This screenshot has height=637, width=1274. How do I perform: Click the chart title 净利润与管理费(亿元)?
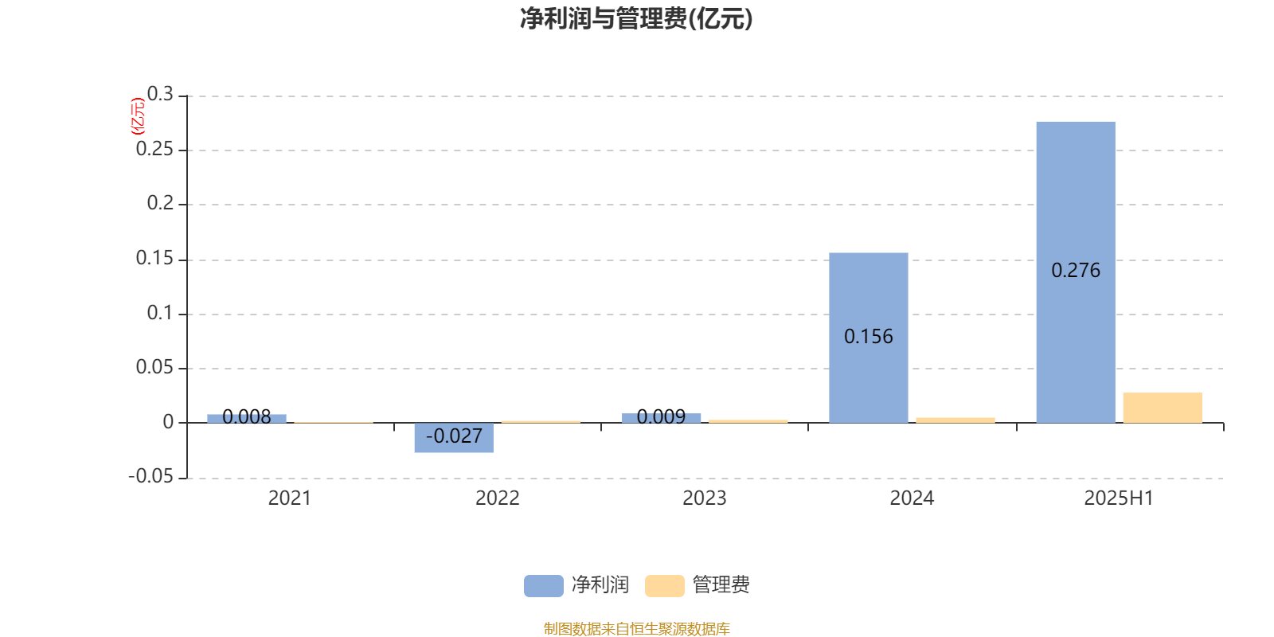tap(636, 19)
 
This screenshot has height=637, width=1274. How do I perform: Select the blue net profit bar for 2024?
tap(869, 338)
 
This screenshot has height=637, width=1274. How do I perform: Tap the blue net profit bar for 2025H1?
tap(1076, 272)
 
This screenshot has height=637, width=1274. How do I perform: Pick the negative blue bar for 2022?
tap(454, 437)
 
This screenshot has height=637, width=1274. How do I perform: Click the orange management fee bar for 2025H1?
tap(1163, 408)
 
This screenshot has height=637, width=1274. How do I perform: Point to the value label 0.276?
tap(1076, 270)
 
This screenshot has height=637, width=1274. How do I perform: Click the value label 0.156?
tap(869, 337)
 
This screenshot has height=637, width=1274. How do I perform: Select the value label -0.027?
tap(454, 436)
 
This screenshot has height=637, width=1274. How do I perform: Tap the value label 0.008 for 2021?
tap(246, 417)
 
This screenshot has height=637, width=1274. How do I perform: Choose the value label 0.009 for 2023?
tap(661, 417)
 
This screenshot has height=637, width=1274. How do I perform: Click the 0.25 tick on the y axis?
tap(154, 149)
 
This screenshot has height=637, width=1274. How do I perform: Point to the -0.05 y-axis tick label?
tap(150, 476)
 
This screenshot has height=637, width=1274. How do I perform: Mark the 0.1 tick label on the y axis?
tap(160, 313)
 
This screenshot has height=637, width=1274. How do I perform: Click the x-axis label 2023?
tap(704, 498)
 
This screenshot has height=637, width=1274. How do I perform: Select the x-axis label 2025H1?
tap(1119, 498)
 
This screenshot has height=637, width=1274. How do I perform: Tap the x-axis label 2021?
tap(290, 498)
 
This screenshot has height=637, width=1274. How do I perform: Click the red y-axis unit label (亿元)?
tap(138, 116)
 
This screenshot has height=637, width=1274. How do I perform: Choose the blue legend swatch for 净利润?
tap(543, 586)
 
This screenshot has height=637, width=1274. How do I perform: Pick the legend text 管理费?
tap(721, 584)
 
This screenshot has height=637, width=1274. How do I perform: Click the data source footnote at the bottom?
tap(636, 628)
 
